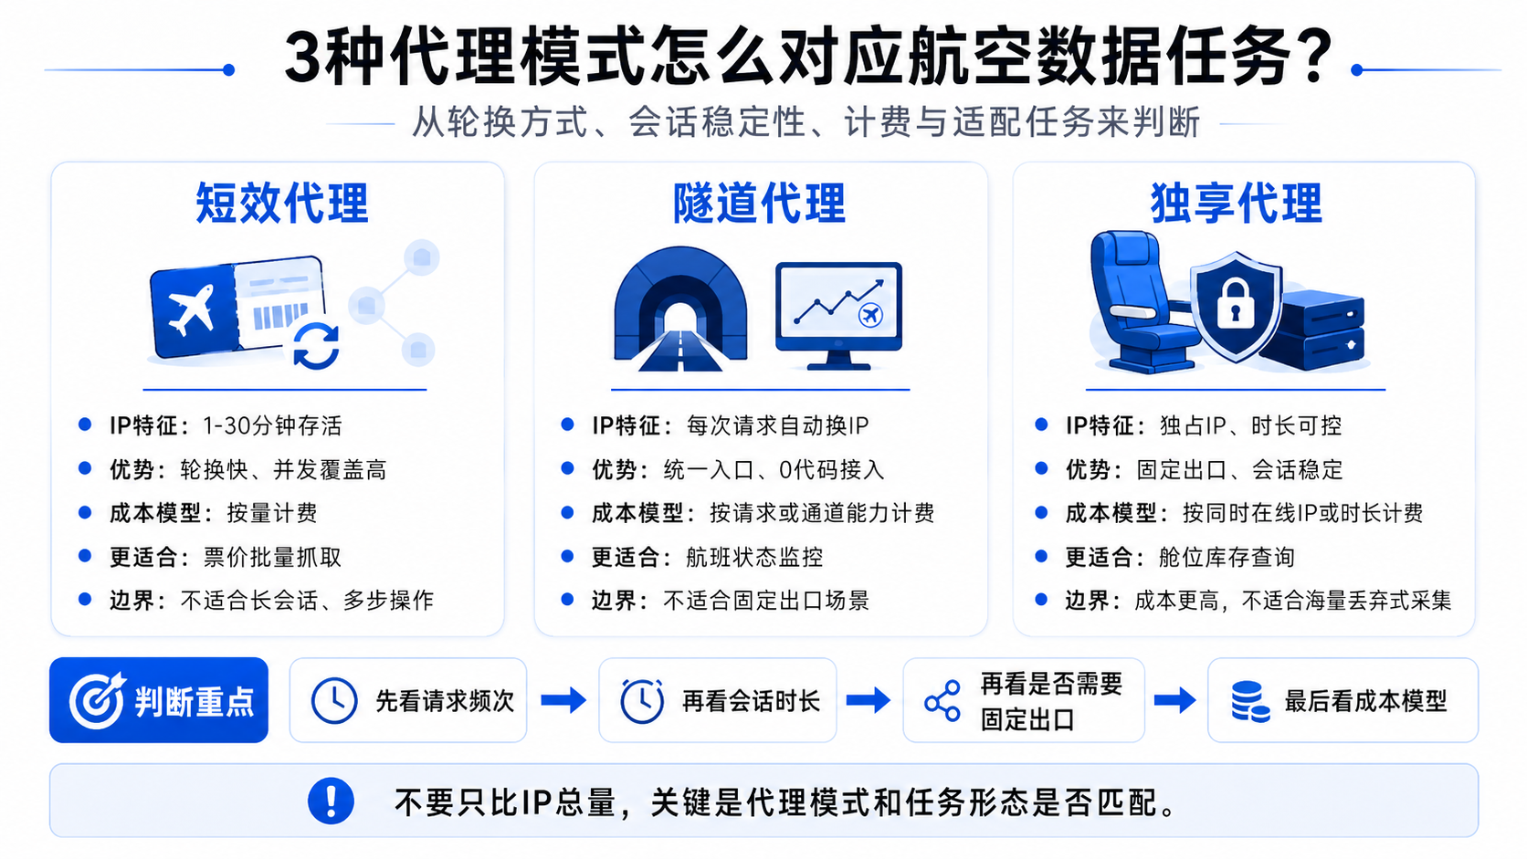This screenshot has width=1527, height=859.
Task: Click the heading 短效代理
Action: (281, 203)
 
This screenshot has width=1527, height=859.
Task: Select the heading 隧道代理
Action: (759, 203)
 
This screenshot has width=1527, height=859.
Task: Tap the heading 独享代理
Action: (1236, 203)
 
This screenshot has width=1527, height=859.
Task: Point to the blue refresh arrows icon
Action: (316, 345)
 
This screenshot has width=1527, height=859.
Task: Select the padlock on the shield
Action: (1236, 304)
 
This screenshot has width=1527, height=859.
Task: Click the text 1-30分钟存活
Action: (272, 425)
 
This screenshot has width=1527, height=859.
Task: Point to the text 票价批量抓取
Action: (272, 557)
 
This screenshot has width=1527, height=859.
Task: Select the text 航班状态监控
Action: (754, 557)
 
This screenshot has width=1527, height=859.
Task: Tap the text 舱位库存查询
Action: (1227, 557)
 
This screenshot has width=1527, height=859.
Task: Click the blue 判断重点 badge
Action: (159, 699)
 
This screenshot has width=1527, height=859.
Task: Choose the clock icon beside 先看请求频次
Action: (334, 700)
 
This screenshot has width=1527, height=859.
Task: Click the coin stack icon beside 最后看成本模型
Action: (1250, 701)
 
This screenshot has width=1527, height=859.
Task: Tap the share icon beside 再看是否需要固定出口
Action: (943, 700)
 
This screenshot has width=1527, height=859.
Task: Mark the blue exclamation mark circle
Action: (331, 801)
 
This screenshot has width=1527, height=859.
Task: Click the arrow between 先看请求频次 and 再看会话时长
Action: (563, 700)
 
